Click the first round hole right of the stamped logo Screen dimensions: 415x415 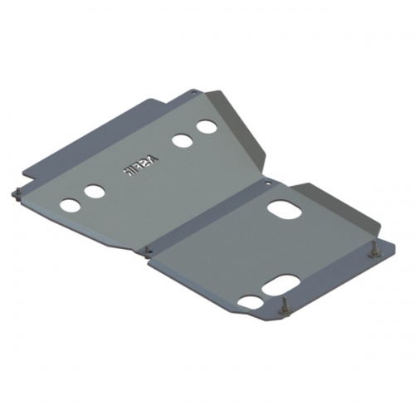click(x=180, y=139)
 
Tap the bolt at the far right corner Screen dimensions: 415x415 click(x=373, y=250)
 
